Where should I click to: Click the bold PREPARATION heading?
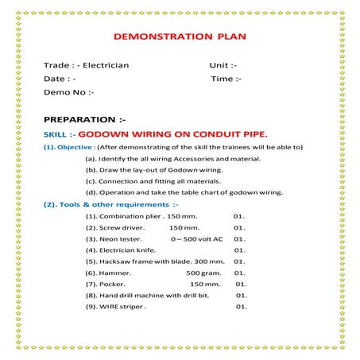[83, 119]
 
